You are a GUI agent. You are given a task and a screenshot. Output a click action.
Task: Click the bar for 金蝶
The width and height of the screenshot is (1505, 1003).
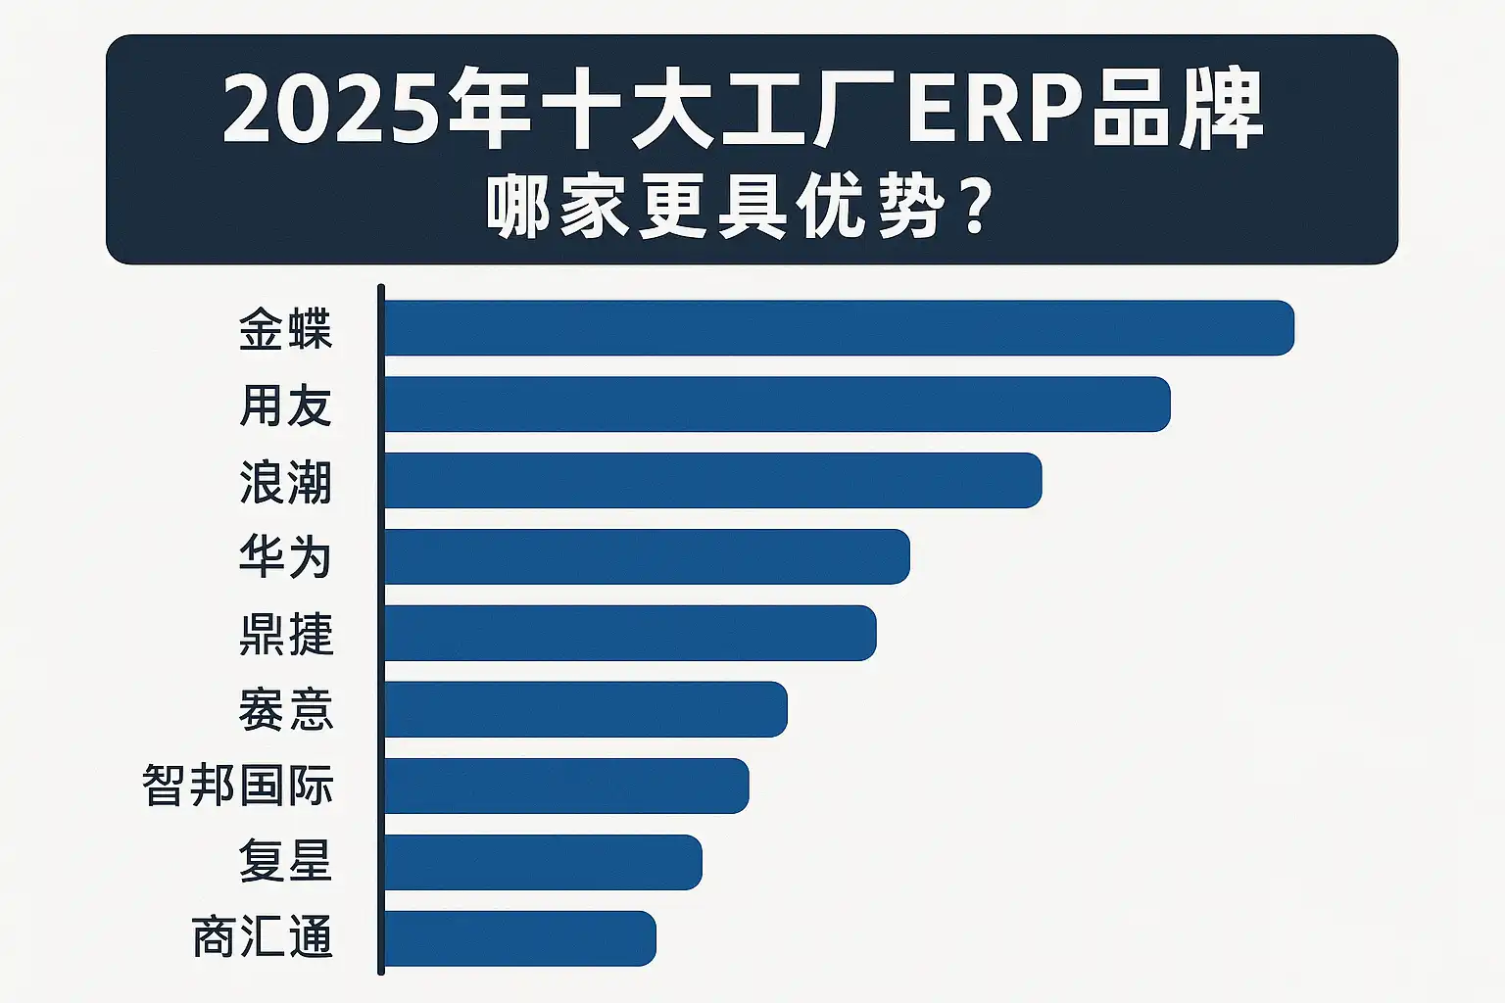pyautogui.click(x=839, y=328)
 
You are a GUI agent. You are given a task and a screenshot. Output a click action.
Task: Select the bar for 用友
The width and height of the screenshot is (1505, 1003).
pyautogui.click(x=777, y=405)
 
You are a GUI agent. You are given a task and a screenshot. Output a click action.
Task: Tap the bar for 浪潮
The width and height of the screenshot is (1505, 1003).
pyautogui.click(x=712, y=481)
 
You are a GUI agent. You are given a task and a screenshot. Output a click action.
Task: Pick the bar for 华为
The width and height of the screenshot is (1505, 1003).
pyautogui.click(x=647, y=557)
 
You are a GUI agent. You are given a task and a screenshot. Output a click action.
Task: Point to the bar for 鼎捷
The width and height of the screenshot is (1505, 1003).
pyautogui.click(x=630, y=634)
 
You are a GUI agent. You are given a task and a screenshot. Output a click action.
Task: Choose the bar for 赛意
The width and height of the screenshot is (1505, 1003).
pyautogui.click(x=585, y=709)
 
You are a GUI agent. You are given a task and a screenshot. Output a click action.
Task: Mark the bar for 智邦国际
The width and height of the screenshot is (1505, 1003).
pyautogui.click(x=566, y=786)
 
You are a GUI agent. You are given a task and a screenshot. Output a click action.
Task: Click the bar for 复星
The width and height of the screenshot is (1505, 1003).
pyautogui.click(x=543, y=862)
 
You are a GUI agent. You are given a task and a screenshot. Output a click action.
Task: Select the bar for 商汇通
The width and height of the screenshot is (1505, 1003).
pyautogui.click(x=519, y=938)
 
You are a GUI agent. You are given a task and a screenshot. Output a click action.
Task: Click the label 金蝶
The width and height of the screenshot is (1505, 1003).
pyautogui.click(x=285, y=329)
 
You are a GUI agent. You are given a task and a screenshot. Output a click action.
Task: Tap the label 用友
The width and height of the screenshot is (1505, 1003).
pyautogui.click(x=285, y=406)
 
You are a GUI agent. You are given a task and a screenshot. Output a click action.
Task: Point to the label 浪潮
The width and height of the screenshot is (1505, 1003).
pyautogui.click(x=285, y=482)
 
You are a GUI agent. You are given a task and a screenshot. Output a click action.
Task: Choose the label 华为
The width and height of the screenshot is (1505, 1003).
pyautogui.click(x=285, y=557)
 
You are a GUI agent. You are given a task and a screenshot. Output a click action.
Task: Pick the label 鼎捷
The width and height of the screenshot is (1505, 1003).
pyautogui.click(x=285, y=634)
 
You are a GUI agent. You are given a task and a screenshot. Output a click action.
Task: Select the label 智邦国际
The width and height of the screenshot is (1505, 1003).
pyautogui.click(x=238, y=786)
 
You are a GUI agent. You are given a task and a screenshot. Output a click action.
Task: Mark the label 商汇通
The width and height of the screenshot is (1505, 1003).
pyautogui.click(x=262, y=937)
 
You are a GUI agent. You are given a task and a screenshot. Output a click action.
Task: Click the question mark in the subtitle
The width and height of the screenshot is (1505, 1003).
pyautogui.click(x=976, y=209)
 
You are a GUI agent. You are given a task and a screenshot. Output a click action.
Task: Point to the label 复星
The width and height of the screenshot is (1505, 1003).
pyautogui.click(x=285, y=862)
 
